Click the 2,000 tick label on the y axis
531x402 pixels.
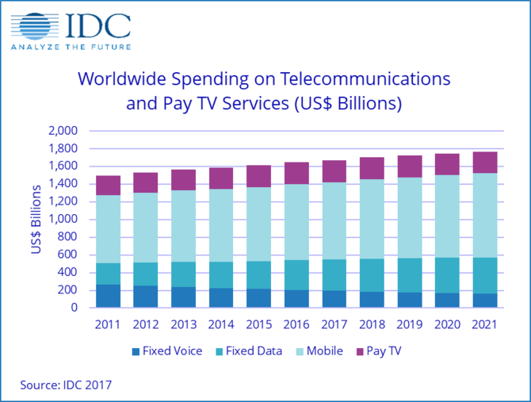pos(63,131)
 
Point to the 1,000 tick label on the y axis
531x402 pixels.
pos(63,219)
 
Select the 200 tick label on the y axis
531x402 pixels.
pos(68,290)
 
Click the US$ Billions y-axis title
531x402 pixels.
pos(36,219)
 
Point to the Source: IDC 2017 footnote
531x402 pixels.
pos(67,385)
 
